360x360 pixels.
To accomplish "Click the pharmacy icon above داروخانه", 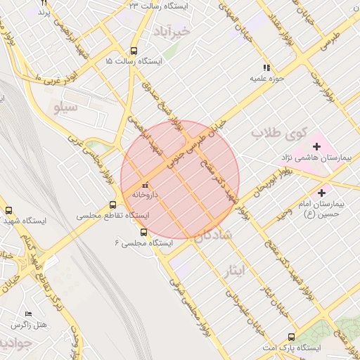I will click(146, 185).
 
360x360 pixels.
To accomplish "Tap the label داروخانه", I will click(146, 194).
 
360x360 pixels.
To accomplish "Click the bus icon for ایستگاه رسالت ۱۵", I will click(134, 51).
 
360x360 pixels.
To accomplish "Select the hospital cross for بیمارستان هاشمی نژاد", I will click(316, 147).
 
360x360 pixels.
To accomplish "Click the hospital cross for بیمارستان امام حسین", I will click(322, 192).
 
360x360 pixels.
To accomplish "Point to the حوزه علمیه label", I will click(266, 79).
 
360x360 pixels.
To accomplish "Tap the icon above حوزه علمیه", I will click(266, 68).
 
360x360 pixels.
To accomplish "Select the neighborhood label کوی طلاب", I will click(280, 131).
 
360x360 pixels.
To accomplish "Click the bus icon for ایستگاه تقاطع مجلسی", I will click(112, 205).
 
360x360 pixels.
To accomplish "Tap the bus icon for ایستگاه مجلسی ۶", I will click(144, 232).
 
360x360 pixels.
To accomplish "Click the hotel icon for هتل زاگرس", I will click(28, 314).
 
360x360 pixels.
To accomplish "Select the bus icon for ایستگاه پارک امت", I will click(292, 337).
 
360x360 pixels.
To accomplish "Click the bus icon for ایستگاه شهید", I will click(9, 210).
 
